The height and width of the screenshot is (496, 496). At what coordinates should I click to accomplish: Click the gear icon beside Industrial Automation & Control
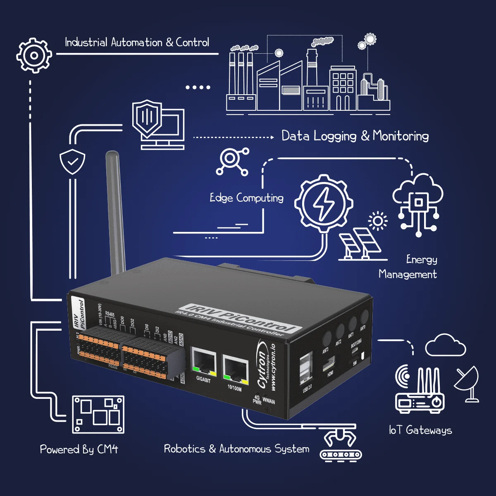point(34,55)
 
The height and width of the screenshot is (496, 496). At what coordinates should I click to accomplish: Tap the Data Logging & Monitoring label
point(355,136)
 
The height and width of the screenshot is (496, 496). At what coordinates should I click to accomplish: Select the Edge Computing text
point(246,198)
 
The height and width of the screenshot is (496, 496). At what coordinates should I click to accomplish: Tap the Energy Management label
point(409,267)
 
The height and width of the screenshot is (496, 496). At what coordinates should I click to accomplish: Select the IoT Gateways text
point(420,430)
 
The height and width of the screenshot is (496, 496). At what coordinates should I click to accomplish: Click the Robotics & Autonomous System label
point(236,449)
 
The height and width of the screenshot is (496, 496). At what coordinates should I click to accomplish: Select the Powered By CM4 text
point(79,449)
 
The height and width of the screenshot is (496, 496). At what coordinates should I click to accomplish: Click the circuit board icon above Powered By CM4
point(98,414)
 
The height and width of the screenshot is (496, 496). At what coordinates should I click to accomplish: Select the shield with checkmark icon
point(72,161)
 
